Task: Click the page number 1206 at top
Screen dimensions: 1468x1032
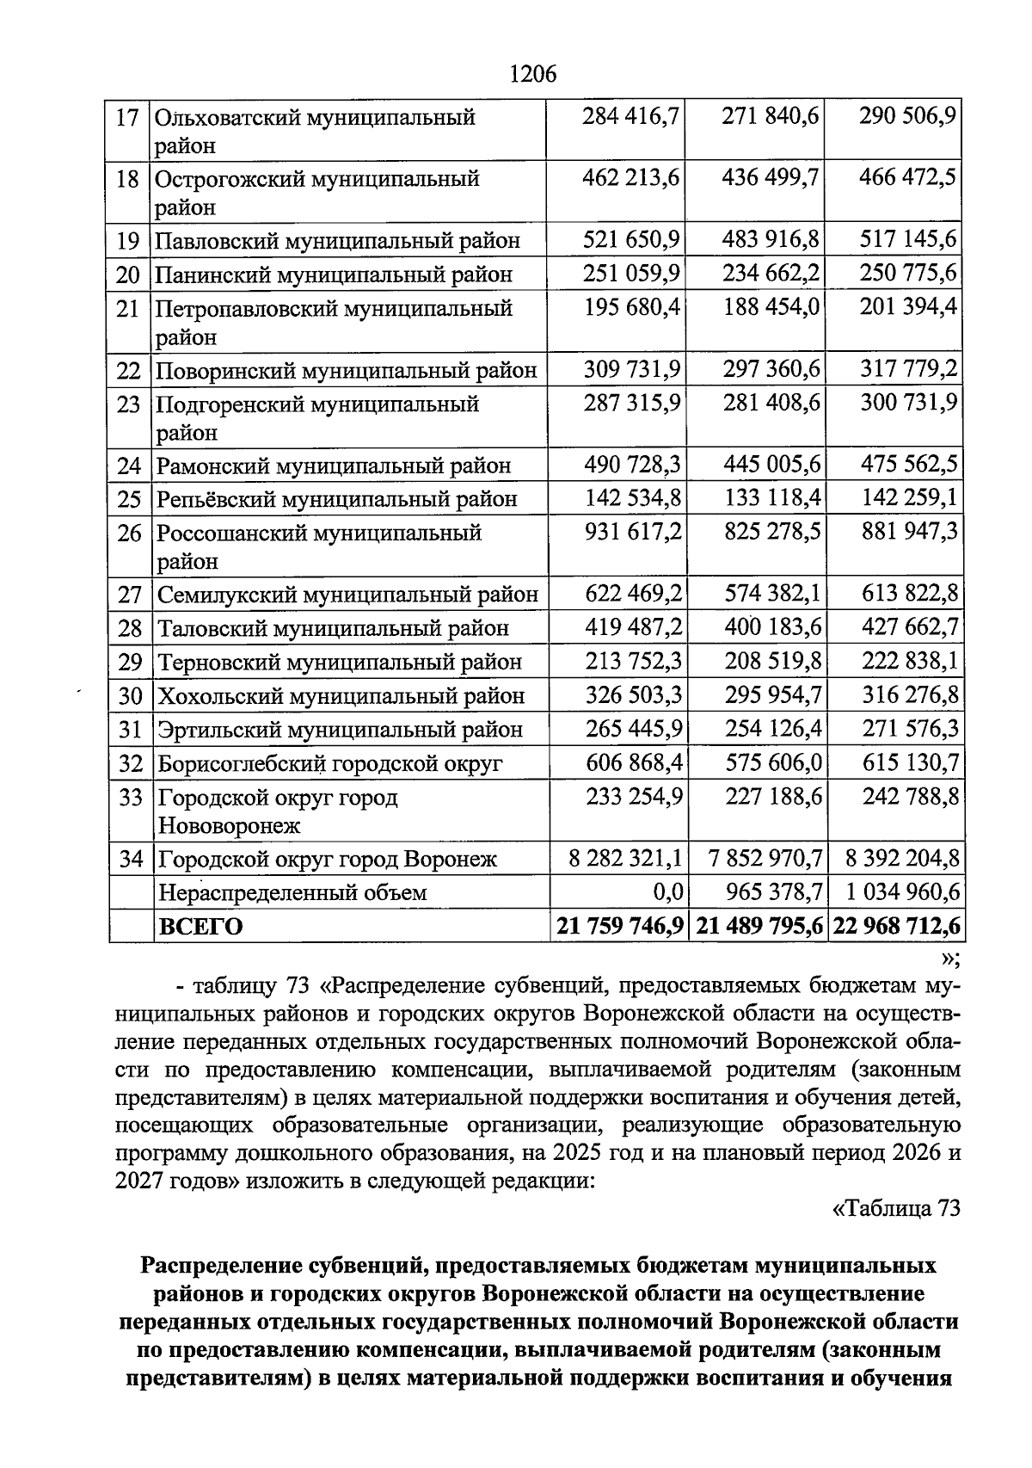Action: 533,75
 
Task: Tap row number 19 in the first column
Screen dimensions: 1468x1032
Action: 127,240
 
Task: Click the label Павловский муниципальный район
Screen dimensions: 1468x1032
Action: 338,240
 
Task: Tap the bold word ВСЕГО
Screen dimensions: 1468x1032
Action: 200,927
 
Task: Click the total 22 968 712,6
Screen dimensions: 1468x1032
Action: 894,927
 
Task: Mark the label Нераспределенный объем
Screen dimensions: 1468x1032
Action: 292,892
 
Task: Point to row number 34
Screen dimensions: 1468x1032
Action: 130,858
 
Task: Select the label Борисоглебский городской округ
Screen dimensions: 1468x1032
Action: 330,763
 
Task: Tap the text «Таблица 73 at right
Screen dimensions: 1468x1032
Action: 896,1208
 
